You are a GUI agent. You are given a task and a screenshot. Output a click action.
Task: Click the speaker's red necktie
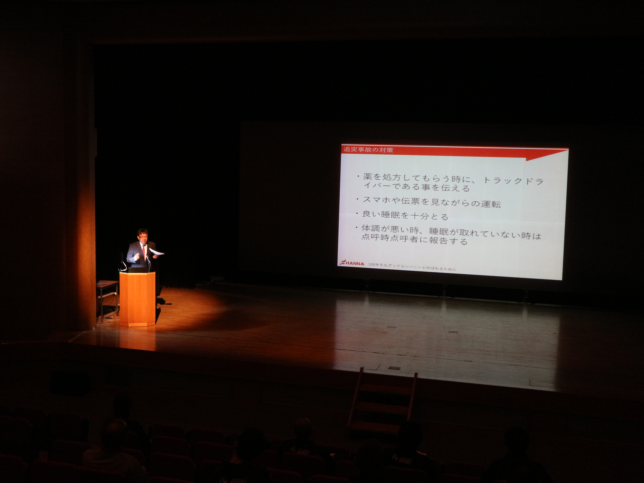144,251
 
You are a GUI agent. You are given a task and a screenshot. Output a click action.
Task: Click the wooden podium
137,299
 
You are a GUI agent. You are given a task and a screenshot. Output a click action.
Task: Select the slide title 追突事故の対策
368,150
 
